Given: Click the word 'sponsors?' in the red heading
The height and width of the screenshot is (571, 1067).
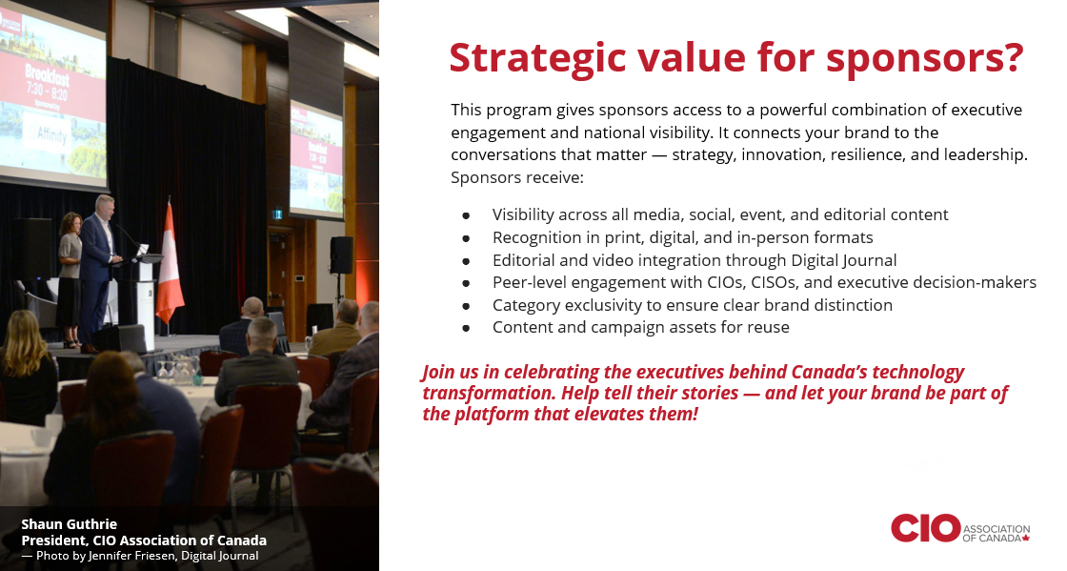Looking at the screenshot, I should (x=924, y=58).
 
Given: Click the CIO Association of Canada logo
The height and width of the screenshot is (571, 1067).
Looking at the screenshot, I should (x=960, y=528).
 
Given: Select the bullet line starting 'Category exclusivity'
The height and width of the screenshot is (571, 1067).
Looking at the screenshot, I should (x=692, y=305).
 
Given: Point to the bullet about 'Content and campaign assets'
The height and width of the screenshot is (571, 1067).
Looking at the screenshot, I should (x=640, y=328).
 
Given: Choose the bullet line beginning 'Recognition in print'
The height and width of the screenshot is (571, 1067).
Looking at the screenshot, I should (x=682, y=237).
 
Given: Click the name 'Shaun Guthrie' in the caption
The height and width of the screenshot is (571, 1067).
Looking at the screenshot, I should (x=69, y=524).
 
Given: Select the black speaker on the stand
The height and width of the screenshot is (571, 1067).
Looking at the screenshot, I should (x=341, y=255).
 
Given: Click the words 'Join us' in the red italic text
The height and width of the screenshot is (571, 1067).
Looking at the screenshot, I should (x=446, y=373).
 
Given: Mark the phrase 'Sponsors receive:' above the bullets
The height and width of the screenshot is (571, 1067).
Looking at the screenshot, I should (x=518, y=178).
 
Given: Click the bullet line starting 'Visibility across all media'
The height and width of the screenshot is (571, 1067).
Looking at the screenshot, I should (x=719, y=214).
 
